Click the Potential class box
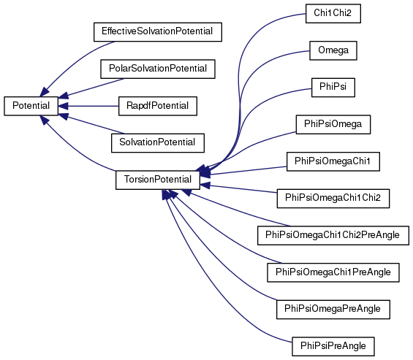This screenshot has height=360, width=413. (x=31, y=106)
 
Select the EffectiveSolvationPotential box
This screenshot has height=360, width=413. (x=158, y=32)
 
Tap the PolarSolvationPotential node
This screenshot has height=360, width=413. (x=158, y=69)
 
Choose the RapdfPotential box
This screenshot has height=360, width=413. (x=158, y=106)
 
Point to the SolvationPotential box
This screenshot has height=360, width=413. (x=158, y=142)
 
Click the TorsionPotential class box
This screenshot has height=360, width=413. (x=158, y=180)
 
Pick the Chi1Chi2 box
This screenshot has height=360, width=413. (x=333, y=13)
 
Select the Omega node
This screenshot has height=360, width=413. (x=333, y=50)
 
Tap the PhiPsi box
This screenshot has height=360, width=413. (x=333, y=87)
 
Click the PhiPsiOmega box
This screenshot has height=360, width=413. (x=333, y=124)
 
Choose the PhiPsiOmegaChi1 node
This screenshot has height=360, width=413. (x=333, y=161)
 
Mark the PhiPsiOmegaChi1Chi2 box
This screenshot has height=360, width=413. (x=333, y=198)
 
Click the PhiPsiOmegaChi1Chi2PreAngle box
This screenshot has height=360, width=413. (x=333, y=235)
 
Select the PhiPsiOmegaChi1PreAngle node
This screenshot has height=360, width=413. (x=333, y=272)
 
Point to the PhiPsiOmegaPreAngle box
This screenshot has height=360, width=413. (x=333, y=309)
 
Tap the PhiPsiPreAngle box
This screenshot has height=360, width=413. (x=333, y=346)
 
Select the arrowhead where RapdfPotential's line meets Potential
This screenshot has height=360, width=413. (x=63, y=106)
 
